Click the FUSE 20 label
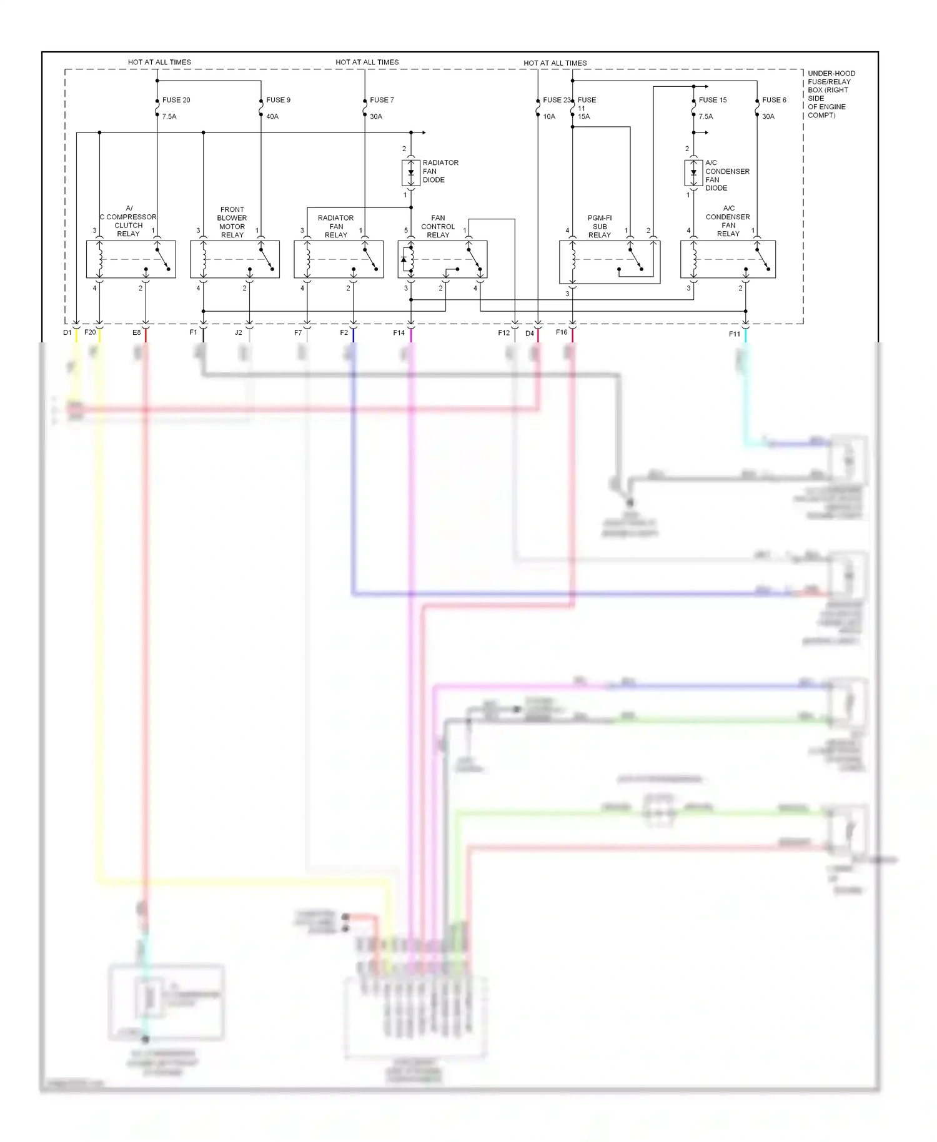(x=176, y=100)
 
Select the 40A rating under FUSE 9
(x=272, y=117)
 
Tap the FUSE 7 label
(x=382, y=100)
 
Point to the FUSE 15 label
(x=712, y=100)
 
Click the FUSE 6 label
(x=774, y=100)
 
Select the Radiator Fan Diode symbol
(x=411, y=173)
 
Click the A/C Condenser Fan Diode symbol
(x=693, y=173)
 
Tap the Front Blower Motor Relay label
(x=232, y=222)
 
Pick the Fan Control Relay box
(x=442, y=259)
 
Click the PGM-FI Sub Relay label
(x=600, y=227)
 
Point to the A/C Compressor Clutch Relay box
(x=131, y=259)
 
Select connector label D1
(x=67, y=333)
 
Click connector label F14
(x=399, y=333)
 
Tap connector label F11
(x=735, y=334)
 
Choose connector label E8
(x=136, y=333)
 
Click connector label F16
(x=562, y=332)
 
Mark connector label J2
(x=238, y=333)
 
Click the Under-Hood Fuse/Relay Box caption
(x=830, y=94)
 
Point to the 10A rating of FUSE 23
(x=549, y=117)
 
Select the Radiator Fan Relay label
(x=335, y=227)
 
